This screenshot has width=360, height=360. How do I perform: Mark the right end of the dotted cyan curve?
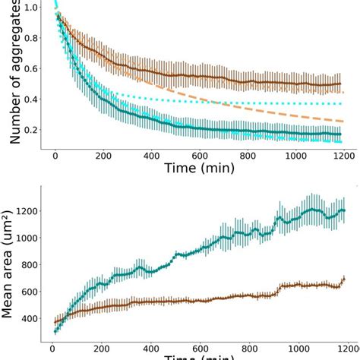click(x=343, y=103)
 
